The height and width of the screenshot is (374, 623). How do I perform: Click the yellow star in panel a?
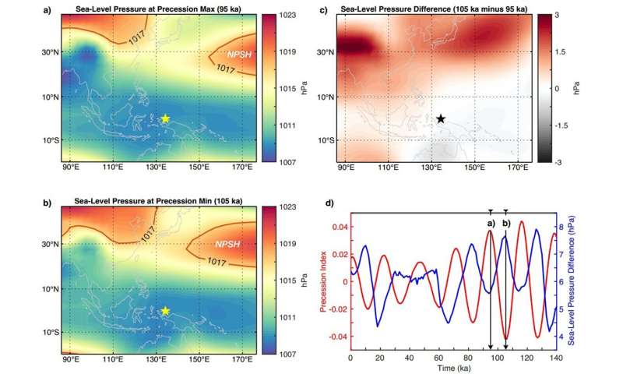click(x=165, y=118)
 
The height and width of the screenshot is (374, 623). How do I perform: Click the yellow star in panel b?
click(x=165, y=310)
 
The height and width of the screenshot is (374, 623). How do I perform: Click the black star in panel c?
click(x=441, y=119)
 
